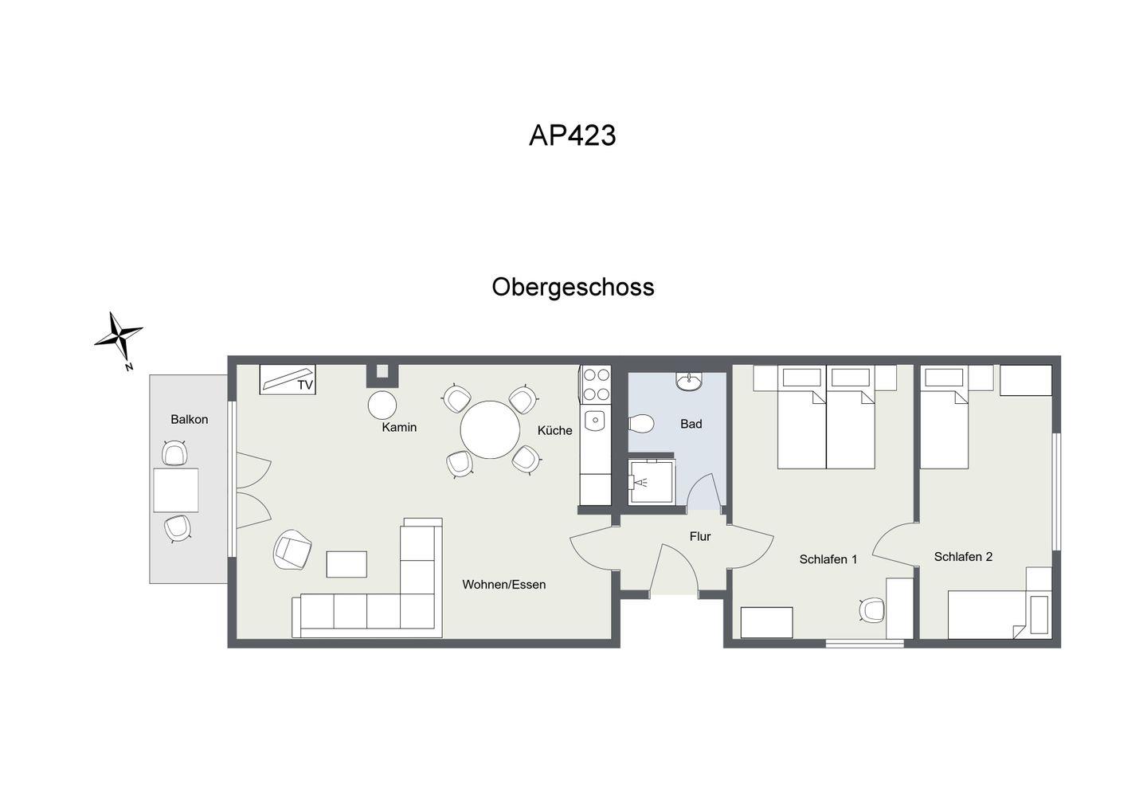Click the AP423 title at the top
click(x=573, y=135)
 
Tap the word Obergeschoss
click(x=573, y=288)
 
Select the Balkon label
click(x=190, y=419)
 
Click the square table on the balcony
click(x=176, y=490)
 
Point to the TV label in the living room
click(x=305, y=385)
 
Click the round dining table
click(x=490, y=429)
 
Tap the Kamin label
click(x=399, y=427)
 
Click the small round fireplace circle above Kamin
click(x=382, y=405)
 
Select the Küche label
click(x=554, y=430)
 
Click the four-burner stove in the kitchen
click(x=596, y=384)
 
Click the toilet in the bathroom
click(x=640, y=423)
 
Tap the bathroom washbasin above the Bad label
click(x=689, y=382)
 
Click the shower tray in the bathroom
click(x=652, y=482)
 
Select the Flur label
click(x=700, y=536)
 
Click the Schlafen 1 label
click(x=828, y=559)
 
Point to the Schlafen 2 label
click(x=963, y=557)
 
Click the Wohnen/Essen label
click(x=504, y=584)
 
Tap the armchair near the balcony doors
click(x=292, y=550)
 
